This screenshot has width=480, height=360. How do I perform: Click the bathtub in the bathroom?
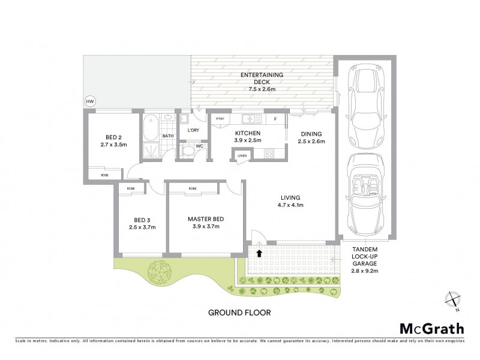[150, 127]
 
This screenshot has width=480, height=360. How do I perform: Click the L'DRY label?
[193, 130]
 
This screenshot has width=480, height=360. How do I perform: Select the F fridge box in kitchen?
[275, 119]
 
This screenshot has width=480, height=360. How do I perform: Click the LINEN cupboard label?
[242, 156]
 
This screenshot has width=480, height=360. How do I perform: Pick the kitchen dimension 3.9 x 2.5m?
[247, 141]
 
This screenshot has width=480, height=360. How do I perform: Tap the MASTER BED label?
[206, 220]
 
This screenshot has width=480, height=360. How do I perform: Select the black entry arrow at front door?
[259, 253]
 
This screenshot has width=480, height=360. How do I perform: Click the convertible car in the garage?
[366, 194]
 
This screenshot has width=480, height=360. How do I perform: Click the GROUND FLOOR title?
[239, 313]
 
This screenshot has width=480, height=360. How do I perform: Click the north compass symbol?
[454, 300]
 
